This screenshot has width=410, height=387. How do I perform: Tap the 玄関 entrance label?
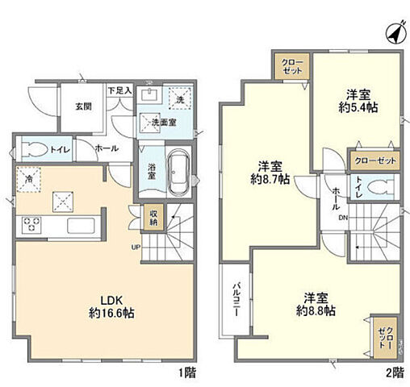click(83, 106)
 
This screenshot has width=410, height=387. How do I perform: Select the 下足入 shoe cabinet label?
click(120, 90)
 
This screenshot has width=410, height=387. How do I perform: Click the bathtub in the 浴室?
click(178, 173)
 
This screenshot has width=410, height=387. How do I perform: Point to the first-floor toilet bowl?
click(34, 149)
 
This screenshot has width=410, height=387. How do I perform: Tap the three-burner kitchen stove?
click(31, 224)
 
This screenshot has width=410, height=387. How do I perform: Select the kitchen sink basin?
click(81, 226)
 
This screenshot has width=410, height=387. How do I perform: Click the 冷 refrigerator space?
click(28, 179)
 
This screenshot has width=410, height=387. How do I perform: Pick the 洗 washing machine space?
click(180, 98)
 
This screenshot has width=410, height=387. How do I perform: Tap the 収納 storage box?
click(153, 218)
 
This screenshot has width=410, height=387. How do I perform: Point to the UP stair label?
click(136, 247)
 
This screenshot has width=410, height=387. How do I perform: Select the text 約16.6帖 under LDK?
click(111, 313)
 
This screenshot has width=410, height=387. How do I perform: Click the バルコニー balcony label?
click(236, 298)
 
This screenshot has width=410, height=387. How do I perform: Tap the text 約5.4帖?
click(358, 107)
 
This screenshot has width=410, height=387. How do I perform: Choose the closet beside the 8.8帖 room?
click(386, 338)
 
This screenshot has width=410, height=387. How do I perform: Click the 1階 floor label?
click(187, 373)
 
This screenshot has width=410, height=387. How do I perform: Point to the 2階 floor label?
click(395, 372)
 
